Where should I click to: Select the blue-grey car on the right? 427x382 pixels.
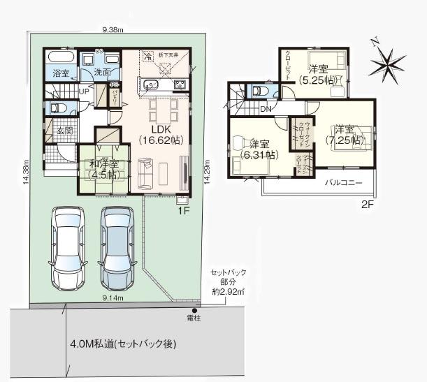point(116,248)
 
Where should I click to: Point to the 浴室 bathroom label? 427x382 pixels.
point(60,73)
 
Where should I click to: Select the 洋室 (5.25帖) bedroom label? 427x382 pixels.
point(317,75)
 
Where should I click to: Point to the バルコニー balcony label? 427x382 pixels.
point(342,183)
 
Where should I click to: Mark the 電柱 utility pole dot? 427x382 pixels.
point(195,311)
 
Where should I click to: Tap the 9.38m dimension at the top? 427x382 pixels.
point(113,30)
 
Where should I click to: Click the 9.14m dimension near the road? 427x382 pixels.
point(112,298)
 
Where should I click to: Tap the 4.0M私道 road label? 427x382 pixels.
point(123,344)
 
